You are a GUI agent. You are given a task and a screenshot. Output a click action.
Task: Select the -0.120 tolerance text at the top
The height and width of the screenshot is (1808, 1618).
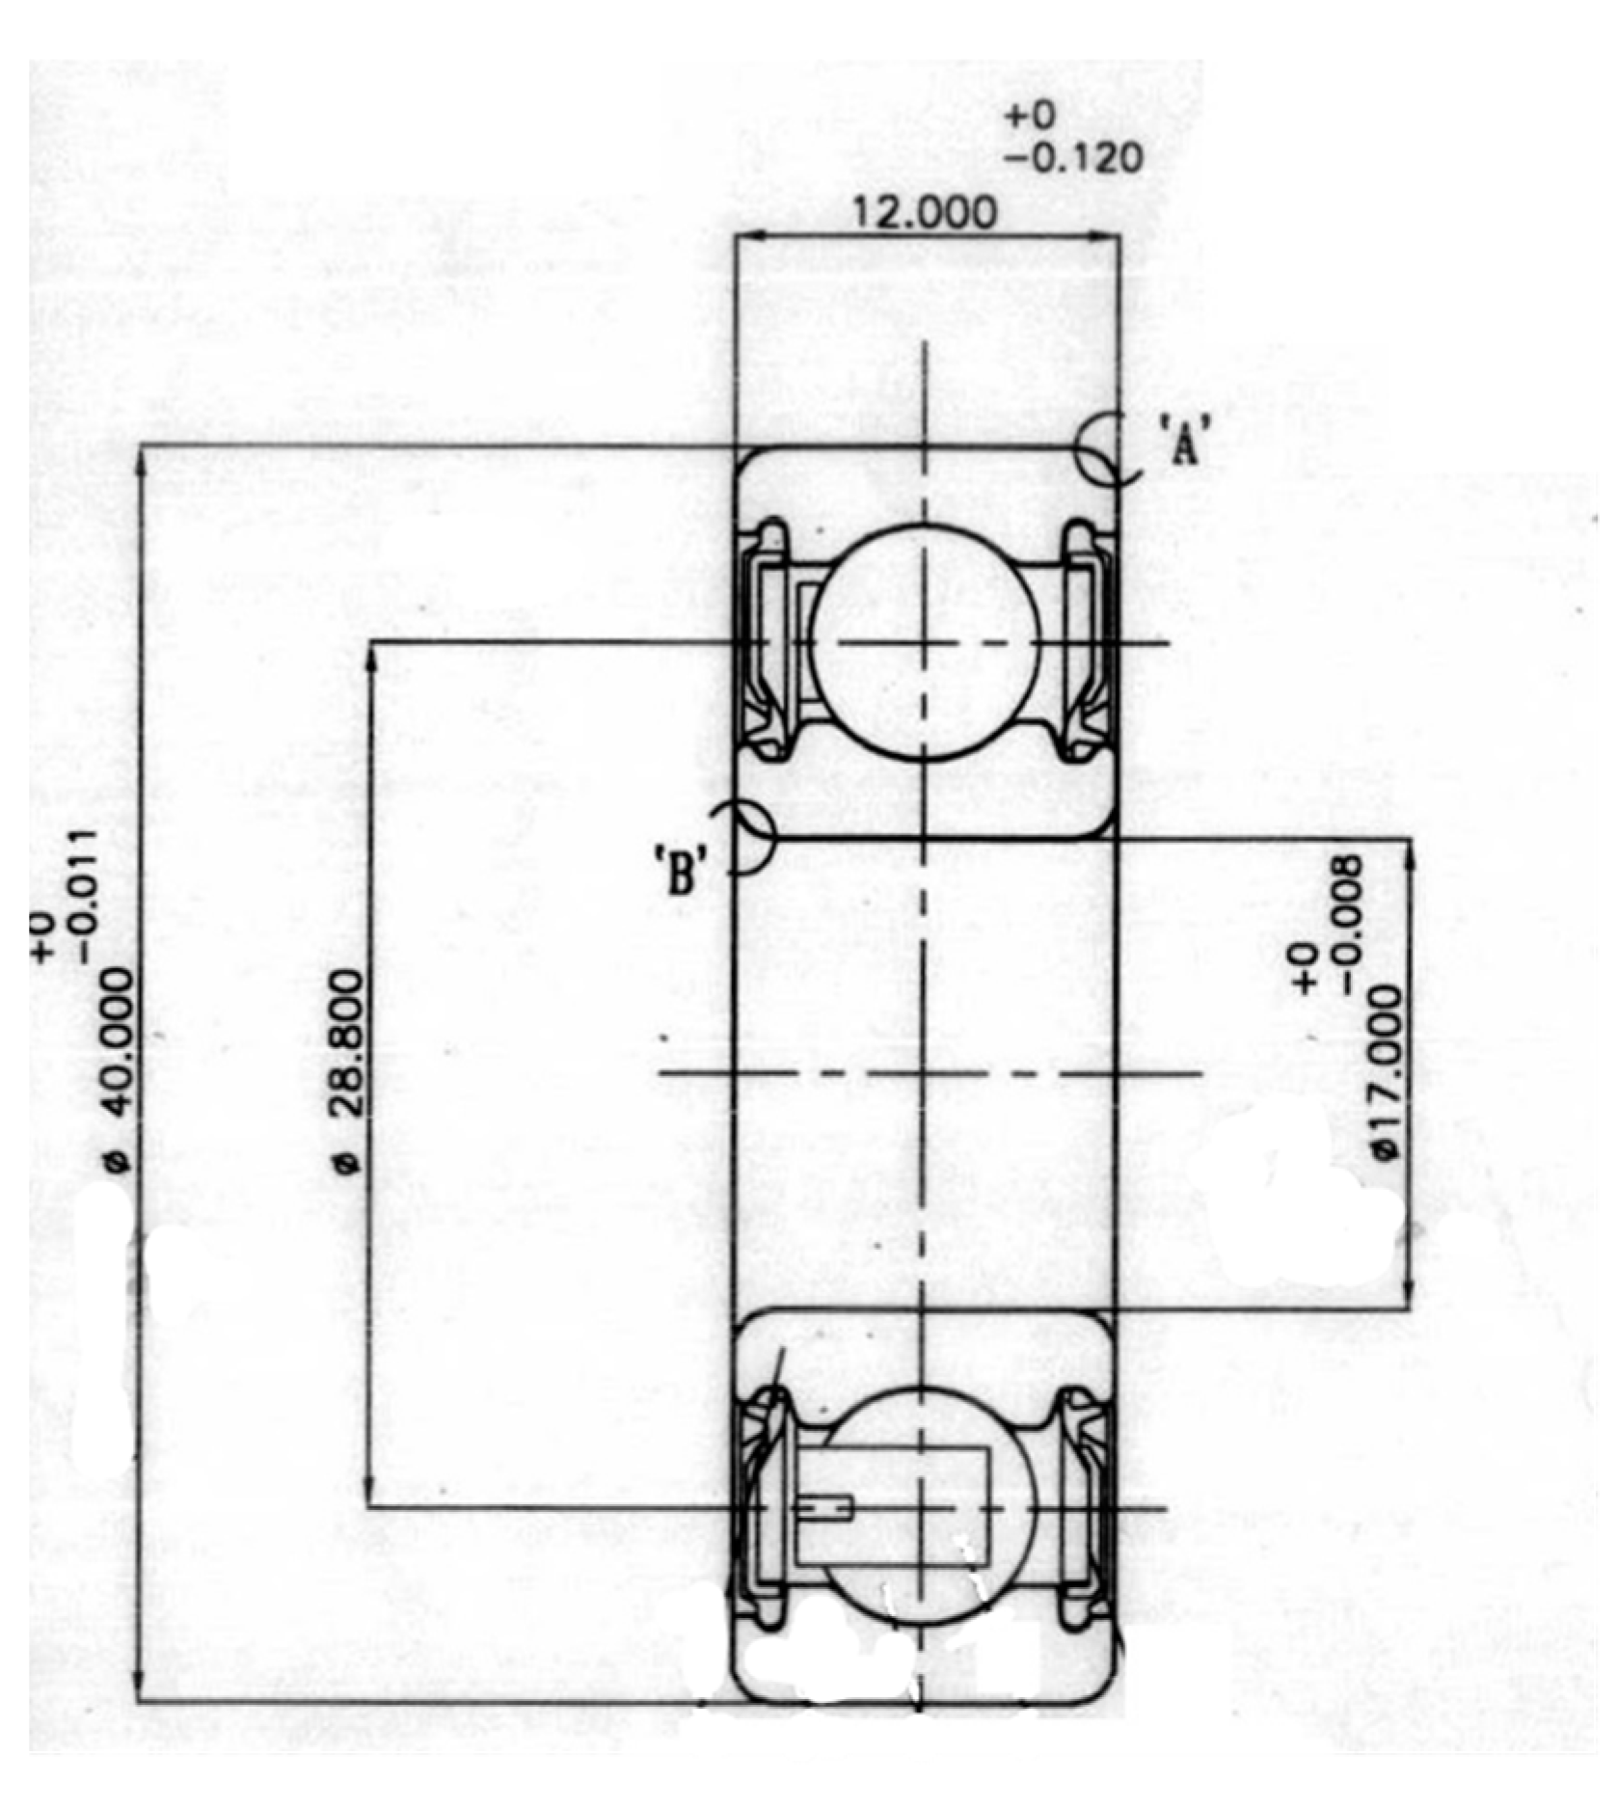1072,158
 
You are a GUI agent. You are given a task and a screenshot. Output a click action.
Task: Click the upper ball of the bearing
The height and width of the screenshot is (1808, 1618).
924,642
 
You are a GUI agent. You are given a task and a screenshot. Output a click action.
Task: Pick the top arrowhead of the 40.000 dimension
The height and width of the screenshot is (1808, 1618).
141,459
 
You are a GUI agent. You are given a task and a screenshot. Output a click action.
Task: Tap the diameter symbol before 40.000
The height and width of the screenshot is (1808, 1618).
118,1162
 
